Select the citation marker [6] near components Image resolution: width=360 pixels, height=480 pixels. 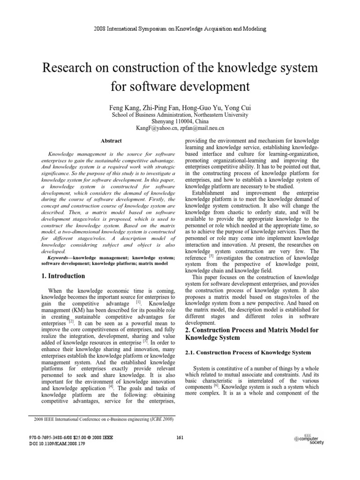pos(216,386)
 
